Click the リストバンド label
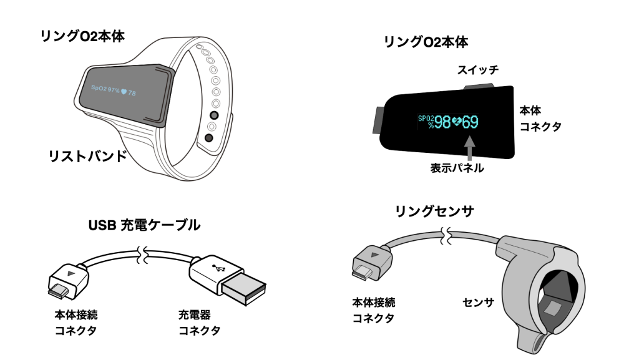pos(87,157)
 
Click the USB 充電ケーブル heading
pos(145,226)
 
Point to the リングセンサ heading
pos(434,212)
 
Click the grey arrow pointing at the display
pos(469,148)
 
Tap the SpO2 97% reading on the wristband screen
pos(105,90)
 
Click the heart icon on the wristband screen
pos(124,92)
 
